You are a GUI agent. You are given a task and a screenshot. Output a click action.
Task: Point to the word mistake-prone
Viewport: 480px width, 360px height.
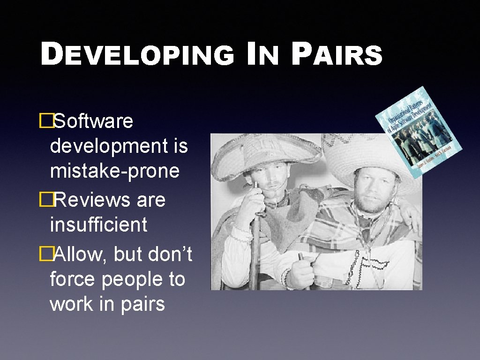pyautogui.click(x=114, y=171)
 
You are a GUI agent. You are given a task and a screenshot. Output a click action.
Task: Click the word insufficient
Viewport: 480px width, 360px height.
pyautogui.click(x=98, y=225)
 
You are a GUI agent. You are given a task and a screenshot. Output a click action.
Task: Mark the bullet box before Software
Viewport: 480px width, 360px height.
pyautogui.click(x=45, y=121)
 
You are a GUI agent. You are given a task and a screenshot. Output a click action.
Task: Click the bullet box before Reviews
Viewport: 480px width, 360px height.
pyautogui.click(x=45, y=200)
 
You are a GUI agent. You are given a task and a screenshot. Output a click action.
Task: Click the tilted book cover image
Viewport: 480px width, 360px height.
pyautogui.click(x=420, y=133)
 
